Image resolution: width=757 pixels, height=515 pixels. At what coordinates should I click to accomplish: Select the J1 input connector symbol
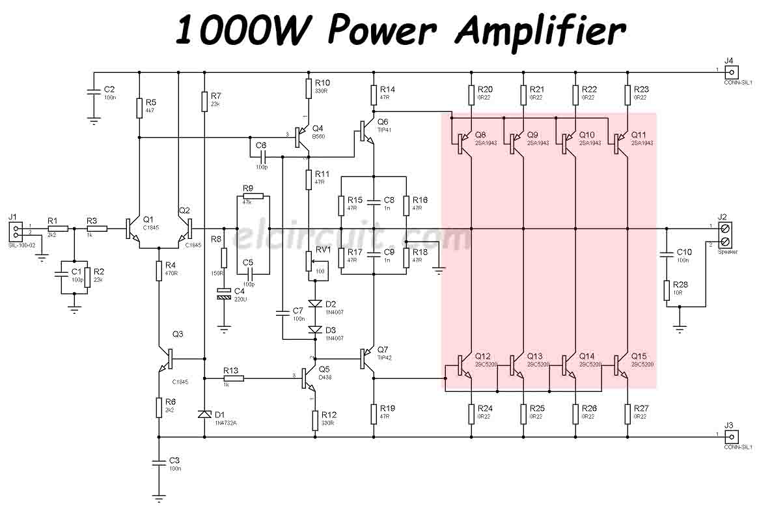pyautogui.click(x=16, y=230)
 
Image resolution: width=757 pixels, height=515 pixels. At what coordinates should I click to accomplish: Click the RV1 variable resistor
pyautogui.click(x=310, y=260)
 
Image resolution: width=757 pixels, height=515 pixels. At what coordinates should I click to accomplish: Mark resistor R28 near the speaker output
pyautogui.click(x=667, y=290)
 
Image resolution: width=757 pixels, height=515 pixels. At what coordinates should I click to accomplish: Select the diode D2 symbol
pyautogui.click(x=315, y=303)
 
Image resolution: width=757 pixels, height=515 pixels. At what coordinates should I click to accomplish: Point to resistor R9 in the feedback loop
pyautogui.click(x=254, y=196)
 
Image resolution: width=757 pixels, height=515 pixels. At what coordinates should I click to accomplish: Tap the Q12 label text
pyautogui.click(x=482, y=356)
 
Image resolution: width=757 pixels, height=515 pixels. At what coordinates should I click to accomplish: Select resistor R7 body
pyautogui.click(x=204, y=101)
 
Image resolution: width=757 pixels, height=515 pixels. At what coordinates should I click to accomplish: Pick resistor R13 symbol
pyautogui.click(x=234, y=378)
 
